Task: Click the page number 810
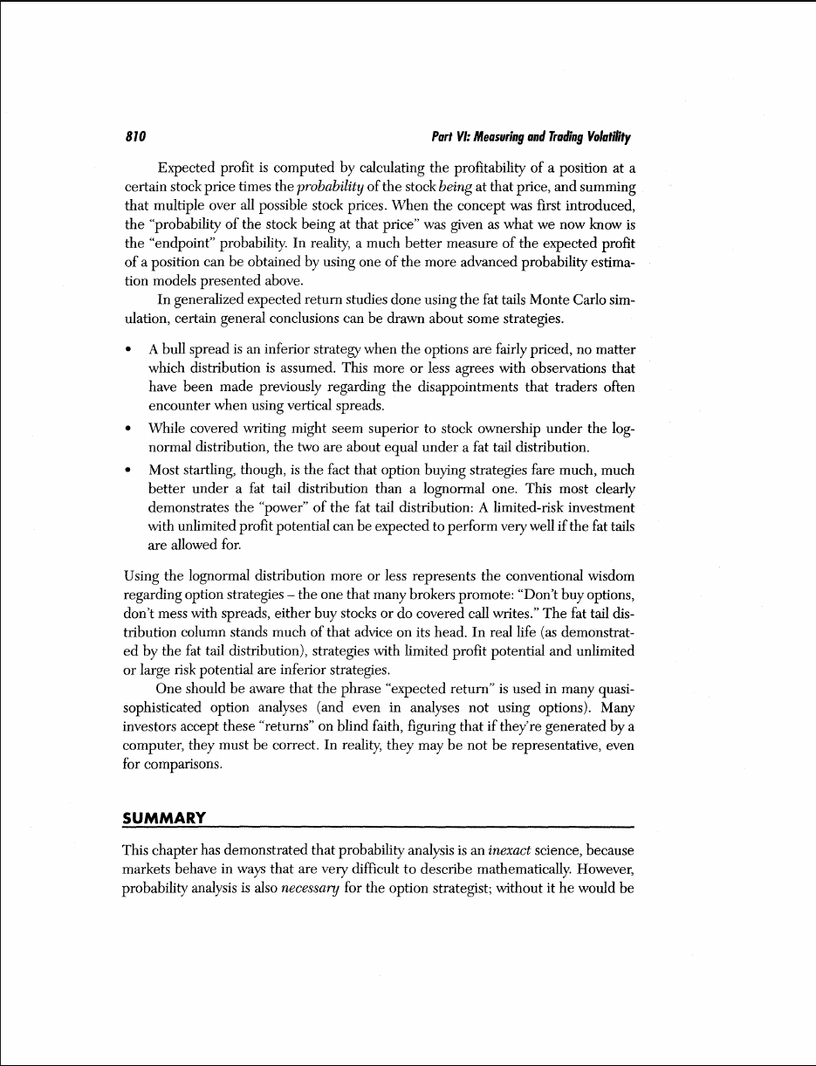(134, 137)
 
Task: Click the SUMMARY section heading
(164, 817)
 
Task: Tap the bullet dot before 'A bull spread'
(129, 350)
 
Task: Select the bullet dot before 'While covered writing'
(129, 428)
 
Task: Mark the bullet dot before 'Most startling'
(129, 470)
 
